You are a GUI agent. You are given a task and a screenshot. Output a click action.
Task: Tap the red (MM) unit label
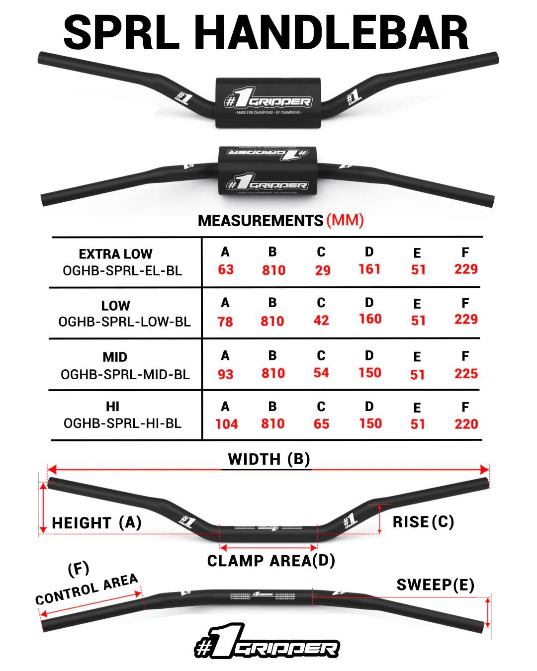345,220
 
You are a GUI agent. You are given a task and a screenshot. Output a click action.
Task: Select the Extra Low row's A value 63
226,269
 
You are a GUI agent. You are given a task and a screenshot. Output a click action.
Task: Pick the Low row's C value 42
321,321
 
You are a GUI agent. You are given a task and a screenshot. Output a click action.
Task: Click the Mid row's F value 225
466,374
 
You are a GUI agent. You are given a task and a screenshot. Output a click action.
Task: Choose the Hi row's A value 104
226,424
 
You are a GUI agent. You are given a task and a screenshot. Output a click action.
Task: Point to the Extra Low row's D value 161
369,269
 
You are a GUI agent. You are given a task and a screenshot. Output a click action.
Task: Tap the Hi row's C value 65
321,424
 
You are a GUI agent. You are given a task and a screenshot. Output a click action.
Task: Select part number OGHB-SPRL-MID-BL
125,375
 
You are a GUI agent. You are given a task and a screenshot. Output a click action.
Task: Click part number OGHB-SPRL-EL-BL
122,271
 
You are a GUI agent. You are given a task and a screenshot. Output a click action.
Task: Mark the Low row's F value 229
466,320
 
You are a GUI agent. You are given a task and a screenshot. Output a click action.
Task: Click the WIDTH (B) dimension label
269,459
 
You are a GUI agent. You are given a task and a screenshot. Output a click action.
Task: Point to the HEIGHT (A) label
97,523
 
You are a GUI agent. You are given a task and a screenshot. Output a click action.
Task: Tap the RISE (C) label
423,522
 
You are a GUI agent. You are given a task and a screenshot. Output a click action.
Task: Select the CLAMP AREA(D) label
271,561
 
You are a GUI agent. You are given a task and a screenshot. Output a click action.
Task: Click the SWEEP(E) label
435,585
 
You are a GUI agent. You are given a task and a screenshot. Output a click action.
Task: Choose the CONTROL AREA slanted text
87,589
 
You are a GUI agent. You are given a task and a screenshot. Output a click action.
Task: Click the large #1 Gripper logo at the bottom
267,642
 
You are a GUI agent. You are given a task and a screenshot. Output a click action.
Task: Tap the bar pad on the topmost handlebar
268,103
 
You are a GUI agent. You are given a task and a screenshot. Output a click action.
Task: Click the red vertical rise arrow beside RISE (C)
380,519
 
